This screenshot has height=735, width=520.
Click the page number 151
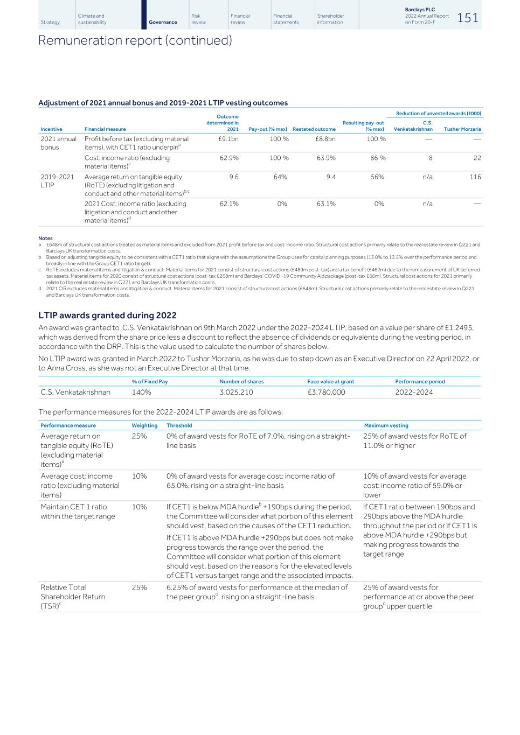pyautogui.click(x=467, y=18)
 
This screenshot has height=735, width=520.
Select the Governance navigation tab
pyautogui.click(x=163, y=22)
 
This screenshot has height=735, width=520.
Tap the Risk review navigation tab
pyautogui.click(x=198, y=19)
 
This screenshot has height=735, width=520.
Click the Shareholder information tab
pyautogui.click(x=330, y=19)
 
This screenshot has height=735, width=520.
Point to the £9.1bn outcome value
pyautogui.click(x=228, y=139)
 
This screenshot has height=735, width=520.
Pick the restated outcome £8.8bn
pyautogui.click(x=325, y=139)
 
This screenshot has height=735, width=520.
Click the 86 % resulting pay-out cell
pyautogui.click(x=376, y=158)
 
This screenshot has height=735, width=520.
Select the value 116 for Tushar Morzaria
pyautogui.click(x=475, y=177)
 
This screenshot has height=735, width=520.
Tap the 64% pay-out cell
pyautogui.click(x=280, y=177)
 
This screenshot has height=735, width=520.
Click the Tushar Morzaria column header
pyautogui.click(x=462, y=129)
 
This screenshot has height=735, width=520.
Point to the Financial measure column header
pyautogui.click(x=105, y=129)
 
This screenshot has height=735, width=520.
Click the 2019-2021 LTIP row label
pyautogui.click(x=57, y=181)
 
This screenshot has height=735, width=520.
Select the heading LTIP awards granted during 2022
pyautogui.click(x=107, y=316)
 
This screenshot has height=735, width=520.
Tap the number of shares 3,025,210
pyautogui.click(x=236, y=392)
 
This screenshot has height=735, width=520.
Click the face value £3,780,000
pyautogui.click(x=326, y=392)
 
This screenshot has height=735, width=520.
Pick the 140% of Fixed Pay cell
pyautogui.click(x=141, y=392)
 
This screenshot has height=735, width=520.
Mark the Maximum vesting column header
pyautogui.click(x=386, y=425)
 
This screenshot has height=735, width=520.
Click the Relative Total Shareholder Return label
pyautogui.click(x=73, y=597)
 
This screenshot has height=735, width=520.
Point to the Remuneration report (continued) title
pyautogui.click(x=135, y=40)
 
